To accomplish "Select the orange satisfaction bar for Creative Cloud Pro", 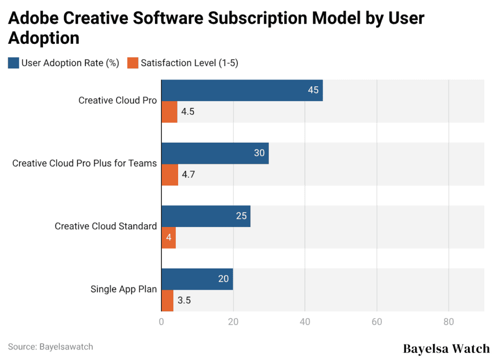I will [x=169, y=112].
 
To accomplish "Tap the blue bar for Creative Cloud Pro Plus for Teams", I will [x=215, y=153].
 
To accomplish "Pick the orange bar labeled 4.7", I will [x=169, y=174].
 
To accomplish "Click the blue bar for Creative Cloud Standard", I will [x=206, y=216].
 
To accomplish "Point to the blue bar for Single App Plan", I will [x=197, y=279].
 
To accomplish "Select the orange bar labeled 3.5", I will [x=167, y=300].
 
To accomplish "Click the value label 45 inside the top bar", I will [x=313, y=90].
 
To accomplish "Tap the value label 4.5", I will [x=188, y=112].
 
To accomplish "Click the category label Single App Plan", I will [x=124, y=289].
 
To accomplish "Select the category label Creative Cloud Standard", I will [x=105, y=226].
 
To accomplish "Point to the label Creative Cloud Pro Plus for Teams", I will [x=84, y=163].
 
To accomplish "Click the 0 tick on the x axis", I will [x=161, y=321].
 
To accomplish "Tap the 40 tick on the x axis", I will [x=305, y=321].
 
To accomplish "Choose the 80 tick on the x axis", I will [x=448, y=321].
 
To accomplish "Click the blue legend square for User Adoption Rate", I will [x=13, y=63].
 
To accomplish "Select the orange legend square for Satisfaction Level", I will [x=133, y=63].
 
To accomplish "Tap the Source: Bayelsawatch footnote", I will [x=51, y=347].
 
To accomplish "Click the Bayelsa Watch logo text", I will [x=446, y=348].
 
